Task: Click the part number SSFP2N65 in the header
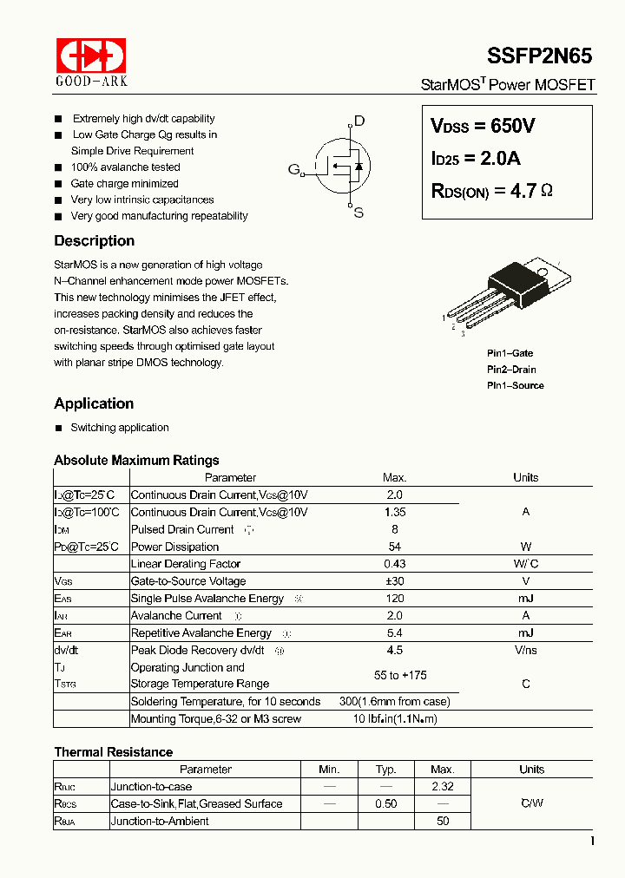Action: click(x=539, y=56)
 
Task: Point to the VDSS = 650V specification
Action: click(x=483, y=126)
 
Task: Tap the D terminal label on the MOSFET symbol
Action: click(x=359, y=121)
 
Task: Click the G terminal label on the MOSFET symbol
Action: click(x=293, y=169)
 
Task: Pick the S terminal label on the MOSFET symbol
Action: click(x=359, y=213)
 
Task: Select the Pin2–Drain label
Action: click(x=511, y=370)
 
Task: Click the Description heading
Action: click(x=94, y=241)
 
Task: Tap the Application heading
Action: click(x=94, y=403)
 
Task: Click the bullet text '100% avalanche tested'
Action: click(x=125, y=167)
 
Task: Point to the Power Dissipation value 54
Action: click(x=394, y=547)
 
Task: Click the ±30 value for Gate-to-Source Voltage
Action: click(x=394, y=581)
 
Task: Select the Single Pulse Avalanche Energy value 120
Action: click(x=394, y=599)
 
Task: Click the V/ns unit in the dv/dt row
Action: click(x=525, y=650)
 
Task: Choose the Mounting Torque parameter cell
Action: click(x=216, y=718)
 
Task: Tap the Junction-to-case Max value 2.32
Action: click(x=442, y=786)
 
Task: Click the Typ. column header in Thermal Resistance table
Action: click(x=385, y=770)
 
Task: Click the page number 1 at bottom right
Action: click(x=592, y=841)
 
